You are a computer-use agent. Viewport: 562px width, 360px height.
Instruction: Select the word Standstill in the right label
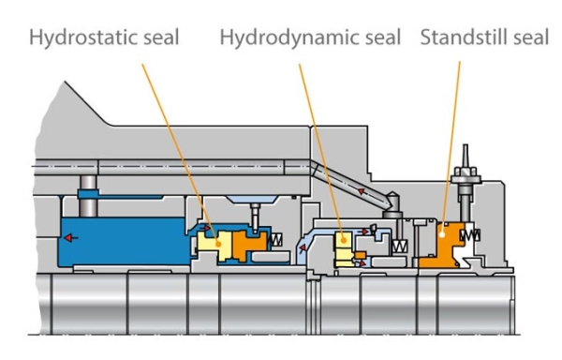[x=461, y=38]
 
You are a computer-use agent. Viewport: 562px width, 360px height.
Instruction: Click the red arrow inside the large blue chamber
[x=72, y=238]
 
